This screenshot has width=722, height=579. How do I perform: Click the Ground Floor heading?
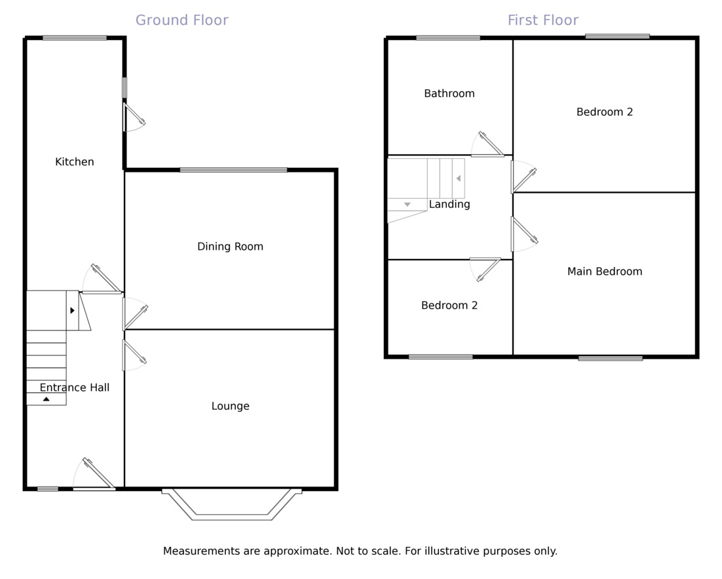[x=181, y=20]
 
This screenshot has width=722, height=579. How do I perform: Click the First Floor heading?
[x=542, y=20]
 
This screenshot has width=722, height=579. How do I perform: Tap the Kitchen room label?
[x=74, y=162]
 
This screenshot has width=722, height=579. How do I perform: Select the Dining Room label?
[x=230, y=247]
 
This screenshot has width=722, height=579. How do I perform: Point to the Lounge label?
[x=230, y=406]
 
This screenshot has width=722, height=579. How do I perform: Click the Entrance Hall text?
[x=74, y=388]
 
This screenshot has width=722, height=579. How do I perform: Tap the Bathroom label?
[x=449, y=94]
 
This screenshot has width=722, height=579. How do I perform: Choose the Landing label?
[x=449, y=205]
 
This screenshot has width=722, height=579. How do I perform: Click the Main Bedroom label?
[x=604, y=271]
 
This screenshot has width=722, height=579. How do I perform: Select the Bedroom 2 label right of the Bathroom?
[x=604, y=112]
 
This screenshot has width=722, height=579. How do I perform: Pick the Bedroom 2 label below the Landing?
[x=449, y=306]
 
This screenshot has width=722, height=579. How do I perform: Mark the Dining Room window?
[x=233, y=170]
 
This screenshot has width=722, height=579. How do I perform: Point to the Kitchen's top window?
[x=74, y=38]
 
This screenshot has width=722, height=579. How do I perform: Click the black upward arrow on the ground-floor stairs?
[x=46, y=399]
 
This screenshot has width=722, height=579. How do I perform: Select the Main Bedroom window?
[x=610, y=358]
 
